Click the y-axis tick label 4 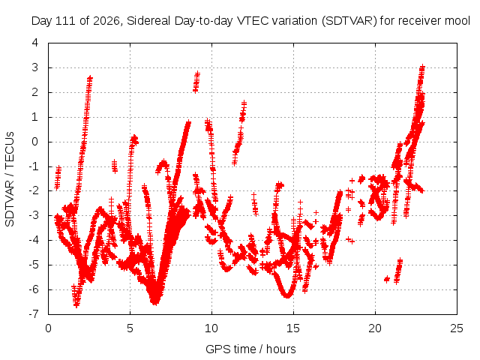tap(35, 43)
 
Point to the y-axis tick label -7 tap(33, 314)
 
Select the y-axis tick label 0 tap(35, 142)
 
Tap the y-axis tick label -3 tap(33, 215)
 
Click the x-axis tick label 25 tap(457, 328)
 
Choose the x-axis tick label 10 tap(211, 328)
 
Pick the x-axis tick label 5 tap(130, 328)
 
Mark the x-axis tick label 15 tap(293, 328)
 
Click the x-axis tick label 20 tap(375, 328)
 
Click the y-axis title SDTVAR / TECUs tap(10, 179)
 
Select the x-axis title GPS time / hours tap(250, 349)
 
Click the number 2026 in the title tap(106, 21)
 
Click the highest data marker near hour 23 tap(422, 67)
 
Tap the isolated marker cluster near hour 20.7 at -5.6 tap(387, 279)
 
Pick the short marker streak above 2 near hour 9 tap(196, 82)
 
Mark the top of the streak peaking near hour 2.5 tap(90, 78)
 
